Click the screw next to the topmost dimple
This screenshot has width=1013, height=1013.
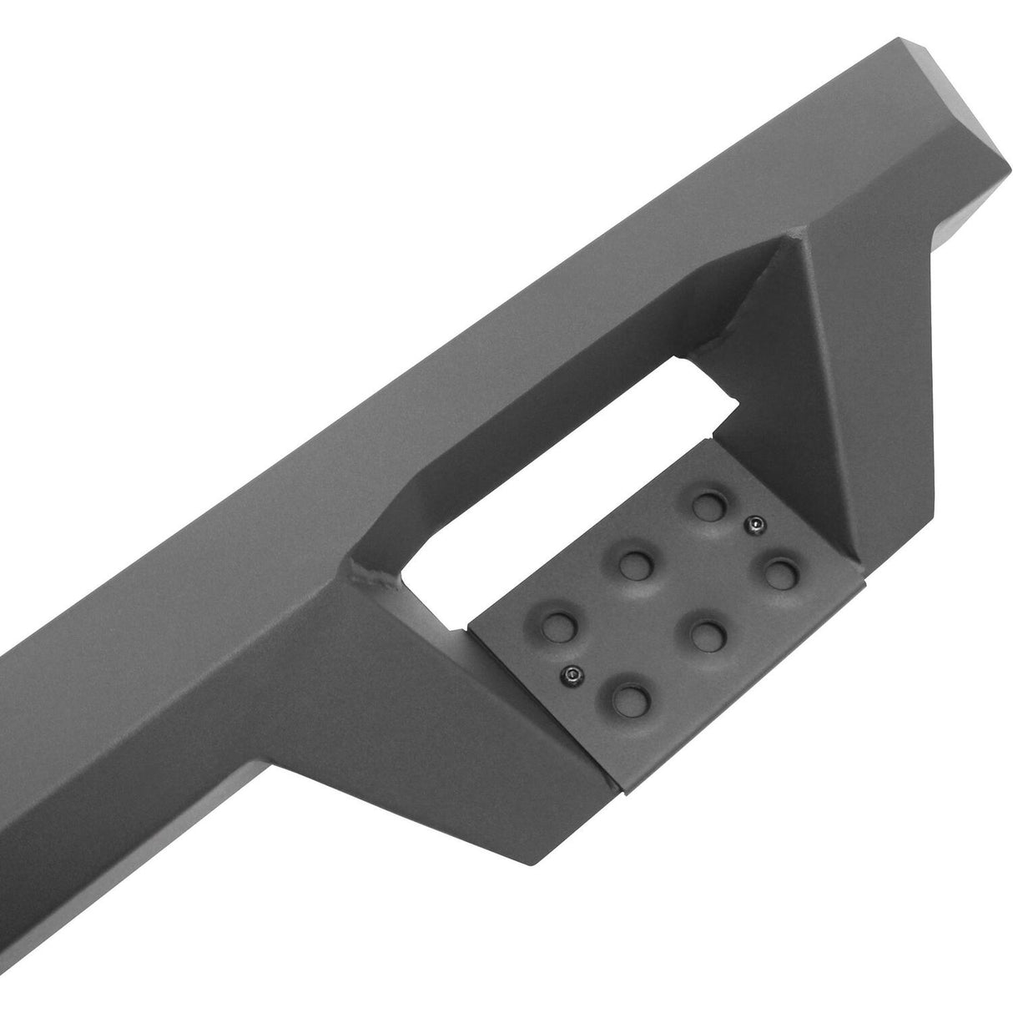click(x=754, y=523)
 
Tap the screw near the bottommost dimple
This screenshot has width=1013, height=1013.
click(x=572, y=650)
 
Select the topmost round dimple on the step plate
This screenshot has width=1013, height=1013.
click(x=708, y=504)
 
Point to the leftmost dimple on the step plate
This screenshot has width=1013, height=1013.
click(x=552, y=622)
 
